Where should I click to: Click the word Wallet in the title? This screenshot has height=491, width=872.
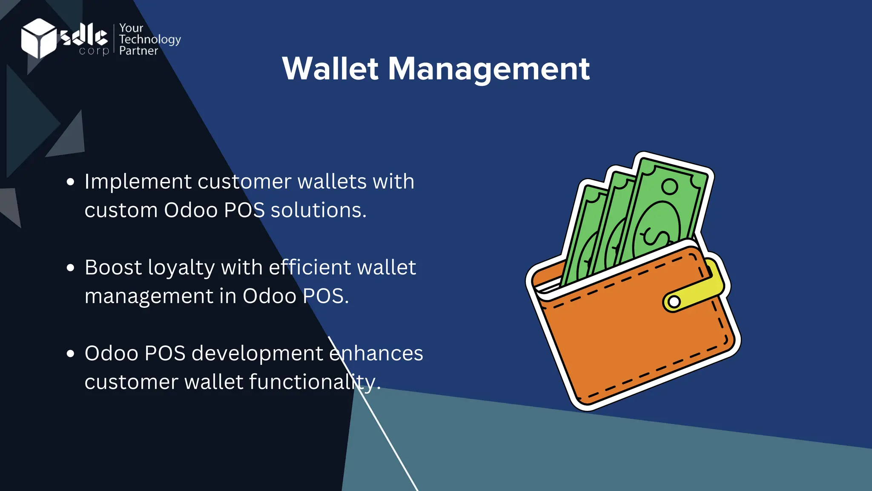[330, 69]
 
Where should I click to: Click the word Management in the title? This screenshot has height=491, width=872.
[489, 69]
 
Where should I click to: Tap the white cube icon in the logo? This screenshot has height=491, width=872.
[38, 38]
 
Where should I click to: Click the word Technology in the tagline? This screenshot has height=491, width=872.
[150, 40]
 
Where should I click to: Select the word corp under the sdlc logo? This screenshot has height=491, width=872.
[94, 51]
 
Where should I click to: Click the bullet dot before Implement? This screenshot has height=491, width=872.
[71, 182]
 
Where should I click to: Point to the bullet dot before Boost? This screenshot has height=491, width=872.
[71, 268]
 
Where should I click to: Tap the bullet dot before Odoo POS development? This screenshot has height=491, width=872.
[71, 354]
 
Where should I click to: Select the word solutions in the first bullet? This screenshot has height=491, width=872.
[318, 210]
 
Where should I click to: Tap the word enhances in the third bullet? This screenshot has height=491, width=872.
[376, 353]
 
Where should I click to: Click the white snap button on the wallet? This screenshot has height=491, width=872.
[674, 302]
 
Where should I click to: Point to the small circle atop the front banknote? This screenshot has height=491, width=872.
[669, 187]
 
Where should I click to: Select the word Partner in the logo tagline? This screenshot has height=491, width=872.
[138, 51]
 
